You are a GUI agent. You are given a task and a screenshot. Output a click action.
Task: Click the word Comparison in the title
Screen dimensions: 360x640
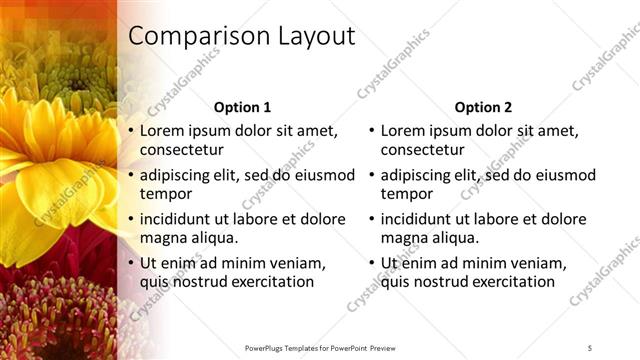[x=191, y=37]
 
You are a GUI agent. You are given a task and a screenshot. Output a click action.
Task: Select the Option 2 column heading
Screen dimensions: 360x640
[x=483, y=107]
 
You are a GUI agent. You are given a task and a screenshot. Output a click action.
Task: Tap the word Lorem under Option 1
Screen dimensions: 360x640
[x=162, y=131]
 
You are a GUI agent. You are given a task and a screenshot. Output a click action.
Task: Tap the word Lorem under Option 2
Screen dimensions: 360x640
[x=403, y=131]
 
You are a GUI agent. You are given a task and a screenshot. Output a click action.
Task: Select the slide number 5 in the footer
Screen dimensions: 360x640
[x=589, y=347]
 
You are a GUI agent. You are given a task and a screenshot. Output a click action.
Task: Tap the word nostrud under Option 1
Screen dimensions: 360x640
[x=196, y=282]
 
